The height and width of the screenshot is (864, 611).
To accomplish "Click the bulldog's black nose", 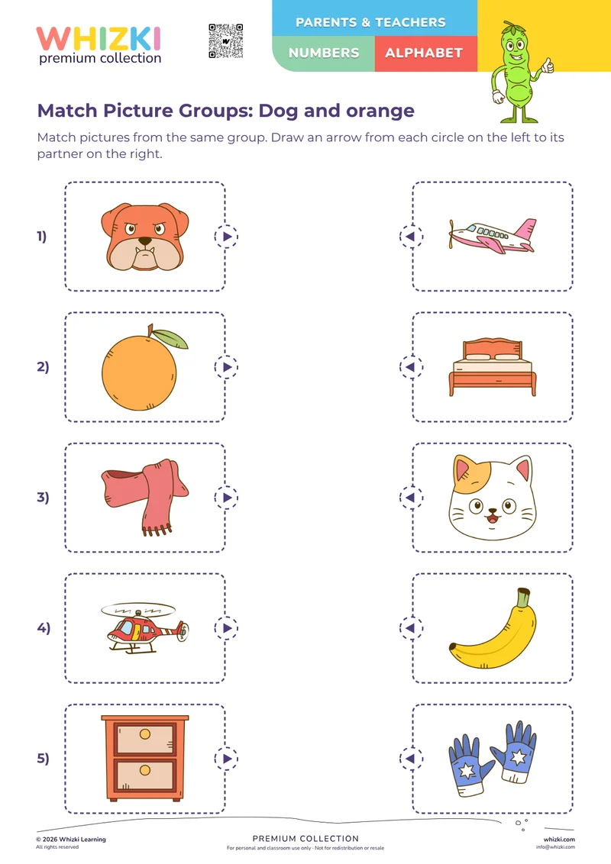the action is (144, 240).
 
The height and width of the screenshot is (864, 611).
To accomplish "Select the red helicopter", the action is (145, 628).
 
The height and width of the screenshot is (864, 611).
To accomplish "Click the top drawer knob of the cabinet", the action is (145, 734).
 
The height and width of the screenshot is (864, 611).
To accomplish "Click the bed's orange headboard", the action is (493, 348).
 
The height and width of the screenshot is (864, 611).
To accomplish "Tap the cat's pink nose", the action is (492, 512).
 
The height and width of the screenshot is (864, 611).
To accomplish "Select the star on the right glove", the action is (518, 757).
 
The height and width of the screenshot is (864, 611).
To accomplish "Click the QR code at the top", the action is (226, 40).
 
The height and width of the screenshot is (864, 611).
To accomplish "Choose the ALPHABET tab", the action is (424, 53).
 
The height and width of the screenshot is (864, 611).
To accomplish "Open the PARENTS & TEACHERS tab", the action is (370, 22).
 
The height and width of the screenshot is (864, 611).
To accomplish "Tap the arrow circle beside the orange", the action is (226, 367).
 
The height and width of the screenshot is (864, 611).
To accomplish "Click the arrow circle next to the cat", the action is (411, 498).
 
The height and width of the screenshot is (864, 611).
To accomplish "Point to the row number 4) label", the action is (44, 627).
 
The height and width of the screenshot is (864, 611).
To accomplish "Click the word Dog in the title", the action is (279, 111).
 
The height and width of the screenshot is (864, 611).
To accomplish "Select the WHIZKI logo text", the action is (99, 39).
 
